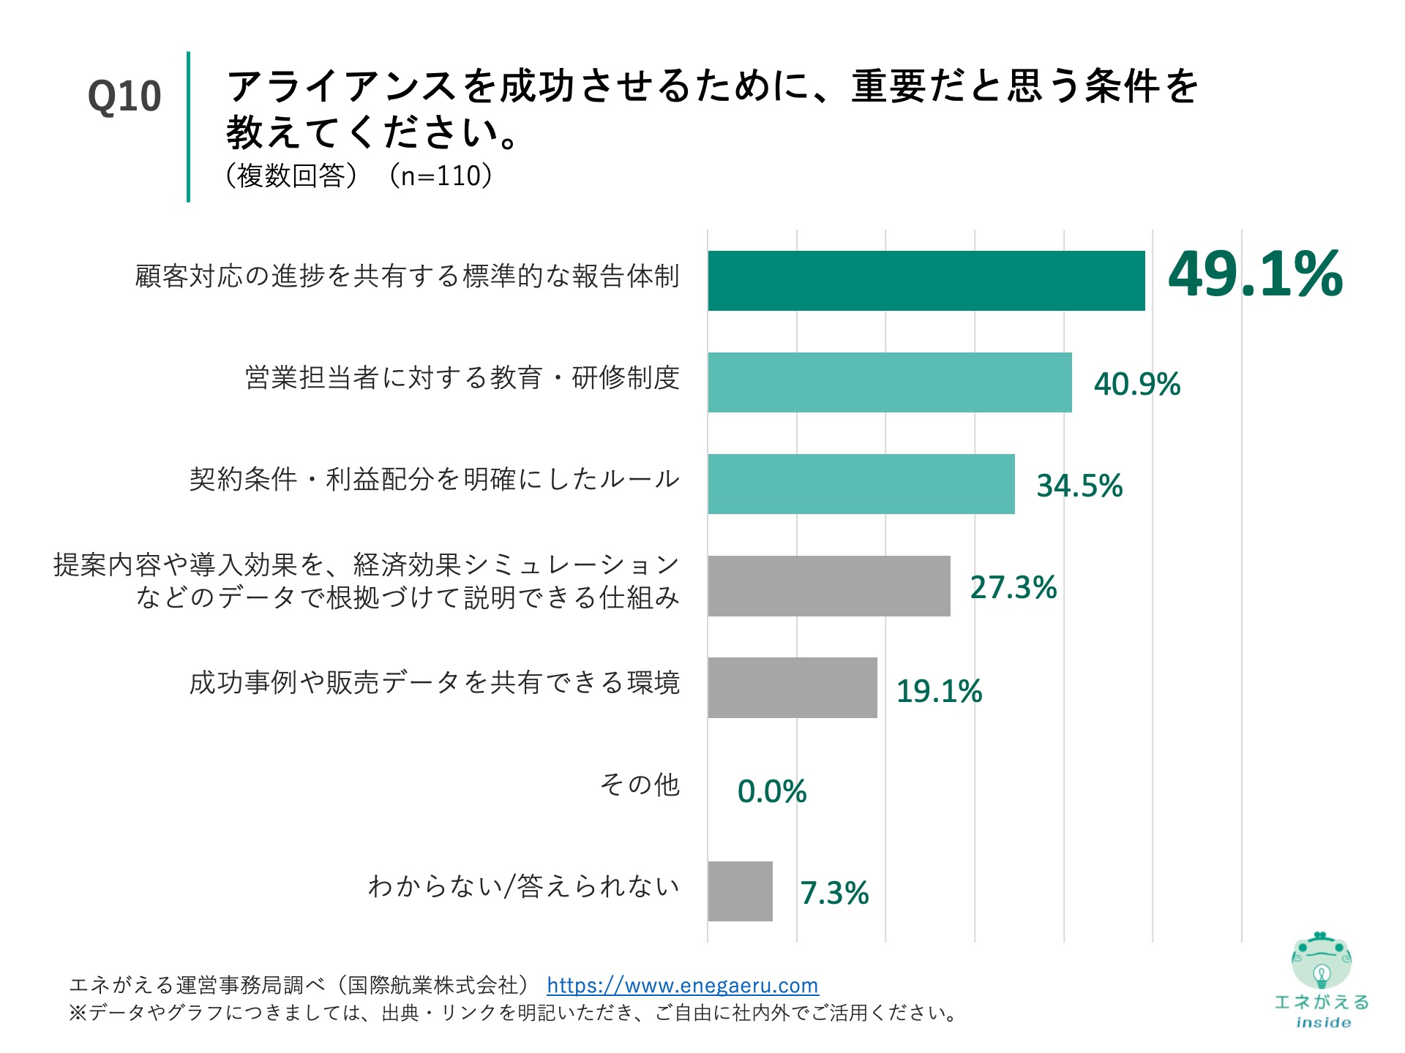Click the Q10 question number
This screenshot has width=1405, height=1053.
(124, 97)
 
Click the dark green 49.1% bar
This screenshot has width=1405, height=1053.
(926, 281)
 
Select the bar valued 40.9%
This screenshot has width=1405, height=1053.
(889, 382)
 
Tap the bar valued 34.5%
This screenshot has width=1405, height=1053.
(861, 484)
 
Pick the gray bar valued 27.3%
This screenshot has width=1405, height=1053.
(828, 586)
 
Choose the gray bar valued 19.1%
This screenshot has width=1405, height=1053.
(792, 687)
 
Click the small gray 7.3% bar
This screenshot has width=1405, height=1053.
(740, 891)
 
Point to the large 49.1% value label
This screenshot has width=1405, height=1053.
(1255, 274)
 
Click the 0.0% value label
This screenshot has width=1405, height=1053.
(771, 791)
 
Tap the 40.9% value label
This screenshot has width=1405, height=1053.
(1136, 384)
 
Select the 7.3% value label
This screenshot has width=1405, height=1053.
(834, 893)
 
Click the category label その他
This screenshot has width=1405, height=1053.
(640, 785)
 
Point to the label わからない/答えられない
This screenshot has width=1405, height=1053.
(524, 886)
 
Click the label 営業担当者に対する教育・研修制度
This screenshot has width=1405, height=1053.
(462, 378)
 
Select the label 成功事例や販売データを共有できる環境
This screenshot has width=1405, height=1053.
(435, 682)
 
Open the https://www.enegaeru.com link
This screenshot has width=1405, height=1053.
(682, 986)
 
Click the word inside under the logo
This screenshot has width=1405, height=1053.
(1323, 1023)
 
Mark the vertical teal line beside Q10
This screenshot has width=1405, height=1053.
(188, 127)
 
